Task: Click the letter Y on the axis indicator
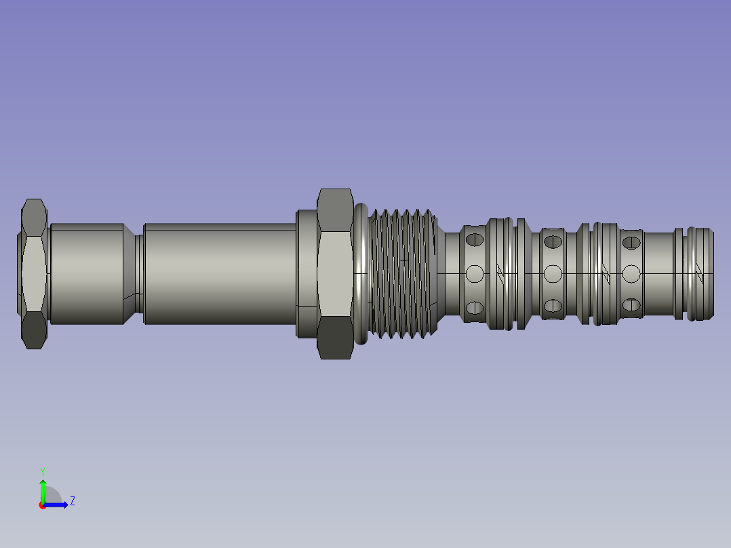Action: coord(43,472)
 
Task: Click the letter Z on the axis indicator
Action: coord(73,501)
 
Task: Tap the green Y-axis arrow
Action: coord(43,491)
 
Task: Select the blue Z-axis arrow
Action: coord(55,505)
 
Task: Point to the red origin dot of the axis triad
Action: coord(43,505)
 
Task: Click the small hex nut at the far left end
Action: coord(34,274)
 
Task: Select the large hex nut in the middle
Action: coord(335,274)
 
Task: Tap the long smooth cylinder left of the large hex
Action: coord(220,274)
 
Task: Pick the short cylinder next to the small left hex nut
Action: coord(87,274)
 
